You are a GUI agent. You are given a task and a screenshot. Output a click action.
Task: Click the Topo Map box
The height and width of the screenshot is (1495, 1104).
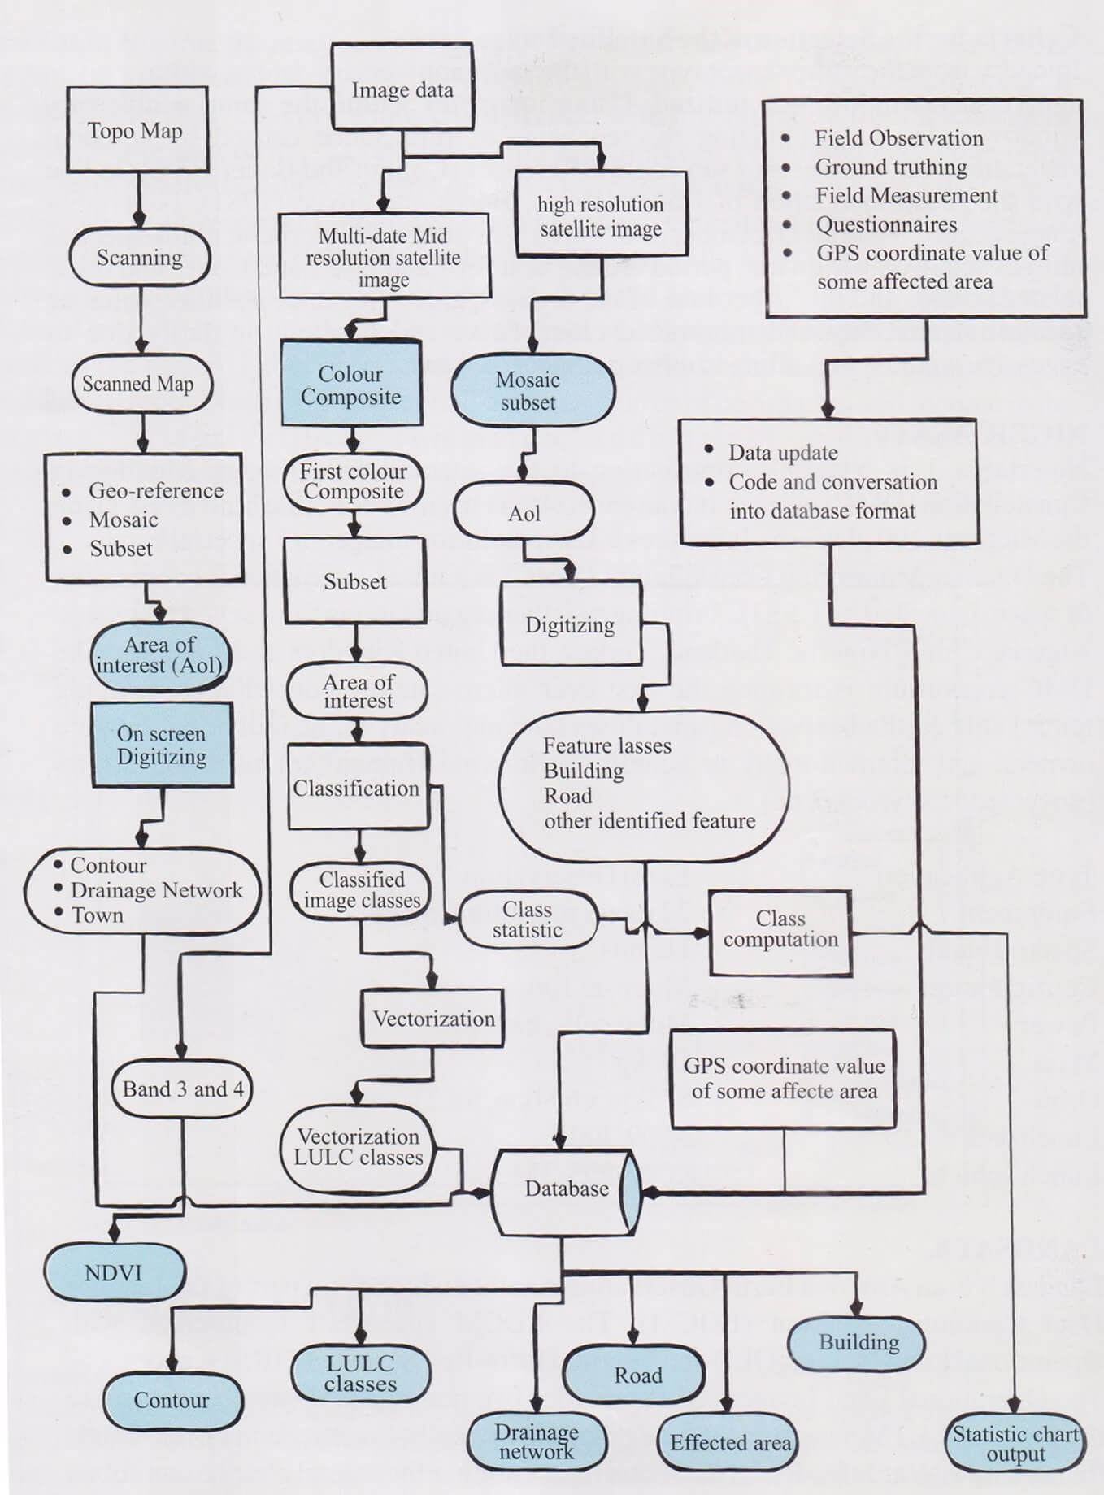pyautogui.click(x=136, y=131)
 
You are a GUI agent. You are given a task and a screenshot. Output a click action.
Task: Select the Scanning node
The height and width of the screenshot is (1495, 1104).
pyautogui.click(x=140, y=258)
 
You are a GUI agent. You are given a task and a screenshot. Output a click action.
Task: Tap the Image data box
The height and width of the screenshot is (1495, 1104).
pyautogui.click(x=402, y=89)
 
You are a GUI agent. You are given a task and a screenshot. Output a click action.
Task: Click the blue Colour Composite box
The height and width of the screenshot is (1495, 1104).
pyautogui.click(x=351, y=385)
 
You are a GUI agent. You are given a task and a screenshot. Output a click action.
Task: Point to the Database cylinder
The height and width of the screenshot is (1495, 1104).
pyautogui.click(x=567, y=1189)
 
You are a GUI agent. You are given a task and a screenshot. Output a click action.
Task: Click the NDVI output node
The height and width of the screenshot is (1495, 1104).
pyautogui.click(x=114, y=1272)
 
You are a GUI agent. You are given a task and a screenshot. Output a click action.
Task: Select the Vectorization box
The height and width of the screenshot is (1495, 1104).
pyautogui.click(x=433, y=1019)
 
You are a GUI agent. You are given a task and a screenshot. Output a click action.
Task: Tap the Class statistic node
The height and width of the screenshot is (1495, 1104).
pyautogui.click(x=528, y=919)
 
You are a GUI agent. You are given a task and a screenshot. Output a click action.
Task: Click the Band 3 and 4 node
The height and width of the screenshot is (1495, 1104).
pyautogui.click(x=183, y=1089)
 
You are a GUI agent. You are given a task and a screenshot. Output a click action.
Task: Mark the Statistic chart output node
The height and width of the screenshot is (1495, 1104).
pyautogui.click(x=1015, y=1443)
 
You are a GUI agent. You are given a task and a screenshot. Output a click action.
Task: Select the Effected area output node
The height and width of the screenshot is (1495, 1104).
pyautogui.click(x=729, y=1442)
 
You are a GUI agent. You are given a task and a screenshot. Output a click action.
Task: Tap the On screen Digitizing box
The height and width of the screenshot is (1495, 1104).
pyautogui.click(x=162, y=745)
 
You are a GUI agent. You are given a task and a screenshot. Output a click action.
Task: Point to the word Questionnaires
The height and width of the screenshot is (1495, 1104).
pyautogui.click(x=886, y=224)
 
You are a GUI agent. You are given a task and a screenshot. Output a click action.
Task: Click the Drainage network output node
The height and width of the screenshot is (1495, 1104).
pyautogui.click(x=537, y=1441)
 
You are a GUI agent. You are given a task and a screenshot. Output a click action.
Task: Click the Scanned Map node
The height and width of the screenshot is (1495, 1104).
pyautogui.click(x=138, y=384)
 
